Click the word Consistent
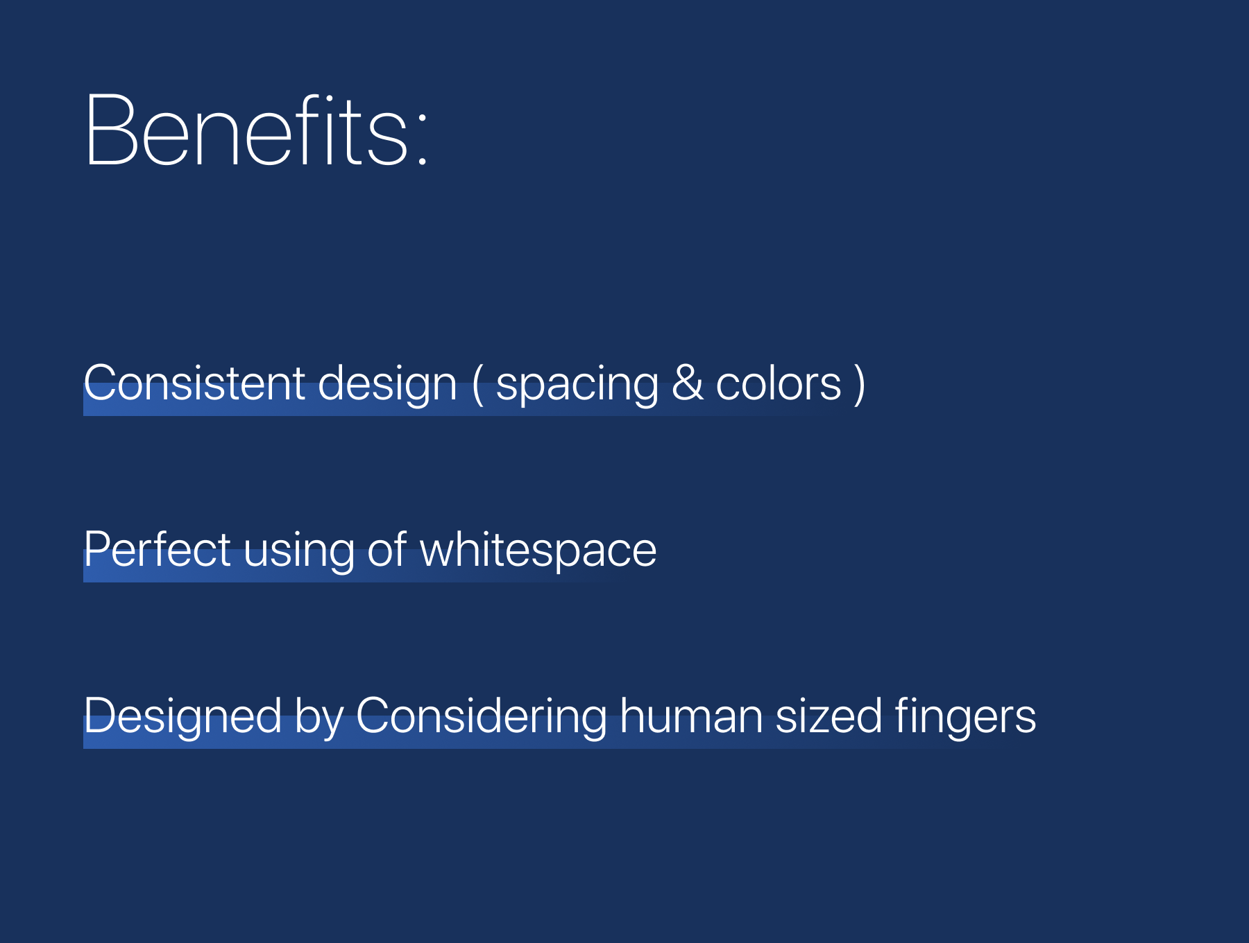coord(195,383)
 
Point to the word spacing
coord(577,386)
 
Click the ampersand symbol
coord(688,383)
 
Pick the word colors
coord(779,383)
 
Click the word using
coord(299,552)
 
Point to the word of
coord(386,549)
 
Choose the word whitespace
coord(538,551)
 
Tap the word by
coord(319,718)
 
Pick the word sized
coord(829,716)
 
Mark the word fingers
coord(965,718)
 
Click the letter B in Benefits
coord(112,130)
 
